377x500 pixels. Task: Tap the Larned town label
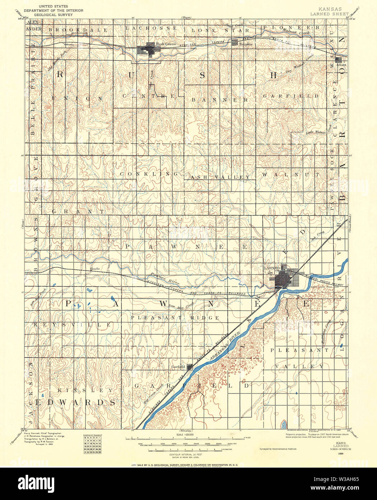[272, 268]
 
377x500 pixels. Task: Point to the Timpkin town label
[246, 44]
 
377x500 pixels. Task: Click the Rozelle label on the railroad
[95, 269]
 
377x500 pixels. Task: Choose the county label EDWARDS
[77, 402]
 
